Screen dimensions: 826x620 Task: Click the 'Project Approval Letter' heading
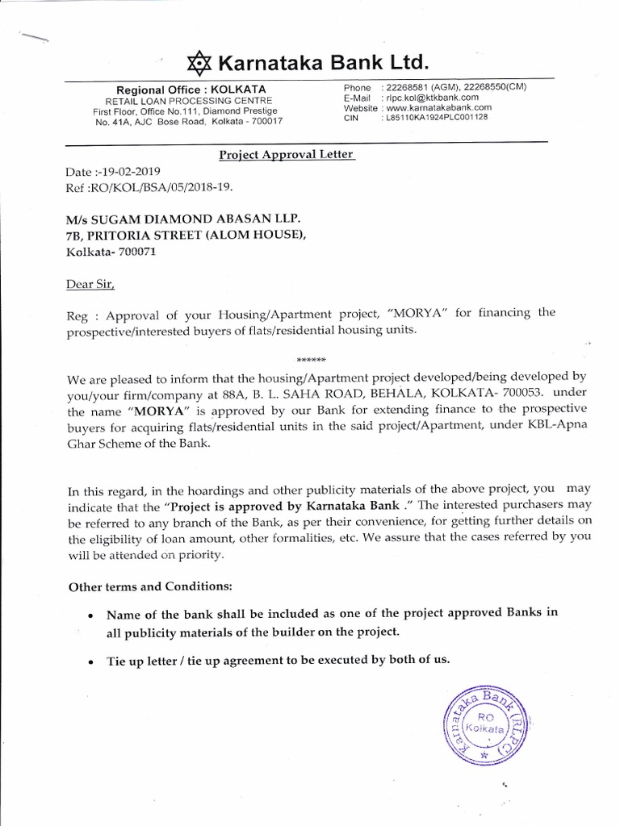(x=287, y=155)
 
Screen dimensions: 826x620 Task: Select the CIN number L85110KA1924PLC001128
(x=438, y=117)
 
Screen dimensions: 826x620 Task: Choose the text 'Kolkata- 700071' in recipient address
(x=107, y=252)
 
